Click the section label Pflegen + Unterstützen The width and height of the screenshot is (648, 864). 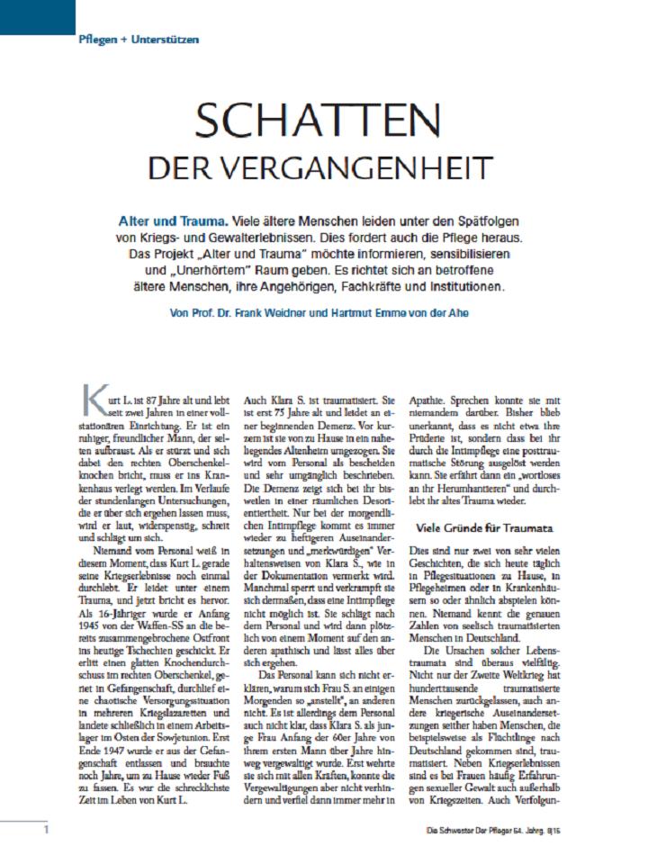click(138, 40)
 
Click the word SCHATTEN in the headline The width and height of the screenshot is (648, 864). click(318, 122)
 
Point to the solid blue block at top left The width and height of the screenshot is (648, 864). click(36, 16)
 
